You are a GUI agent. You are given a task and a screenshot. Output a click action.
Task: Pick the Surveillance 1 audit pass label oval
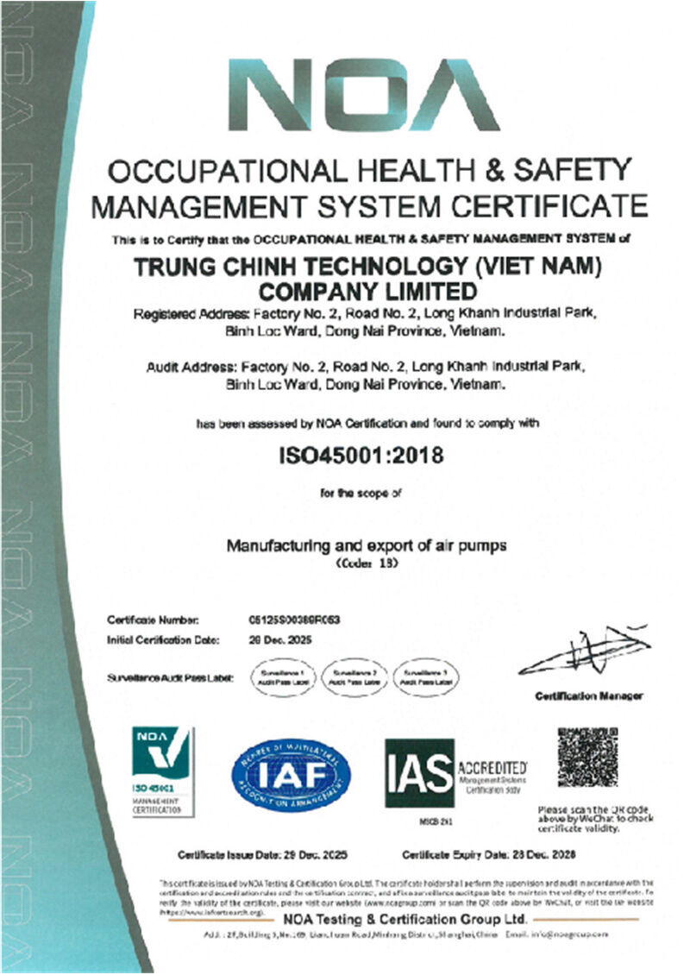coord(284,676)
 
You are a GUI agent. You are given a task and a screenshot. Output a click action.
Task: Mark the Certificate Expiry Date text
coord(489,855)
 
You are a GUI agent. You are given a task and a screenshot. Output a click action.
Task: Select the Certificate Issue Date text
coord(262,855)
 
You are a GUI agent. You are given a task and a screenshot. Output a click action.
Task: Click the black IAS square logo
coord(419,772)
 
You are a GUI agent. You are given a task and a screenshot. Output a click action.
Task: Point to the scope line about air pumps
coord(366,546)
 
